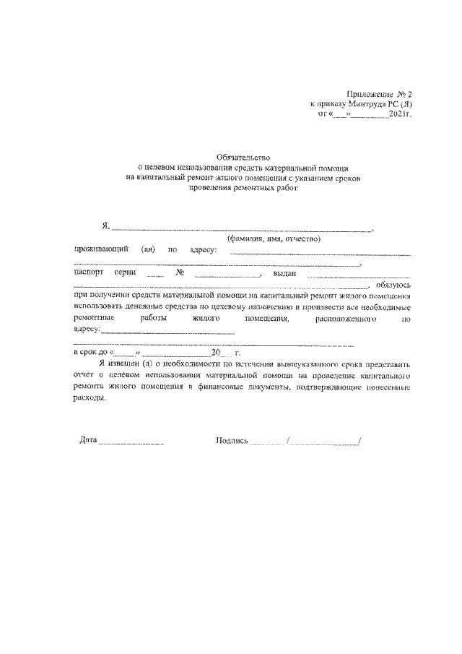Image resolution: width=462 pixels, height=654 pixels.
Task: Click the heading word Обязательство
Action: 242,157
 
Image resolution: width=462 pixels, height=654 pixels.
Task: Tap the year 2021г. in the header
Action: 398,113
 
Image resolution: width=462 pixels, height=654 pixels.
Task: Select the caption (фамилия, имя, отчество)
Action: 274,238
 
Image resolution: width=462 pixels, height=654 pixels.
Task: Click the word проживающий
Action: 101,249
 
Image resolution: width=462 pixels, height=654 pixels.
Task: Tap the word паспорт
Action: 88,273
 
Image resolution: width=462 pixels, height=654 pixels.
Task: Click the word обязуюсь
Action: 393,285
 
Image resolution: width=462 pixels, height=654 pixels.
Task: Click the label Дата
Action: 88,440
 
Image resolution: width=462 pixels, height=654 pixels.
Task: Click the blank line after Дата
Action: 131,442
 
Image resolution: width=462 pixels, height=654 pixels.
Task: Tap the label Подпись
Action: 232,440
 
